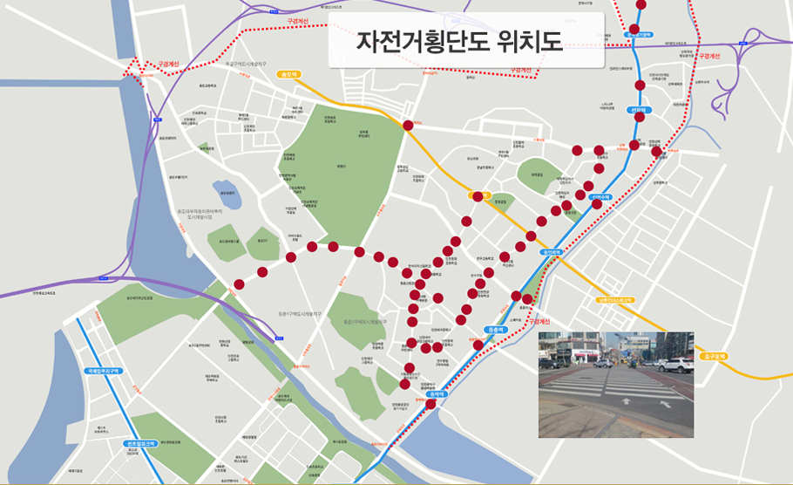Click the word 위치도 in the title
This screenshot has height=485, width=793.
527,41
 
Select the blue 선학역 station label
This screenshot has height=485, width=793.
639,111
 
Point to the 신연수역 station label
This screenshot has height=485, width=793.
600,197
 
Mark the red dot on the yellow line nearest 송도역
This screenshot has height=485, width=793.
409,126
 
